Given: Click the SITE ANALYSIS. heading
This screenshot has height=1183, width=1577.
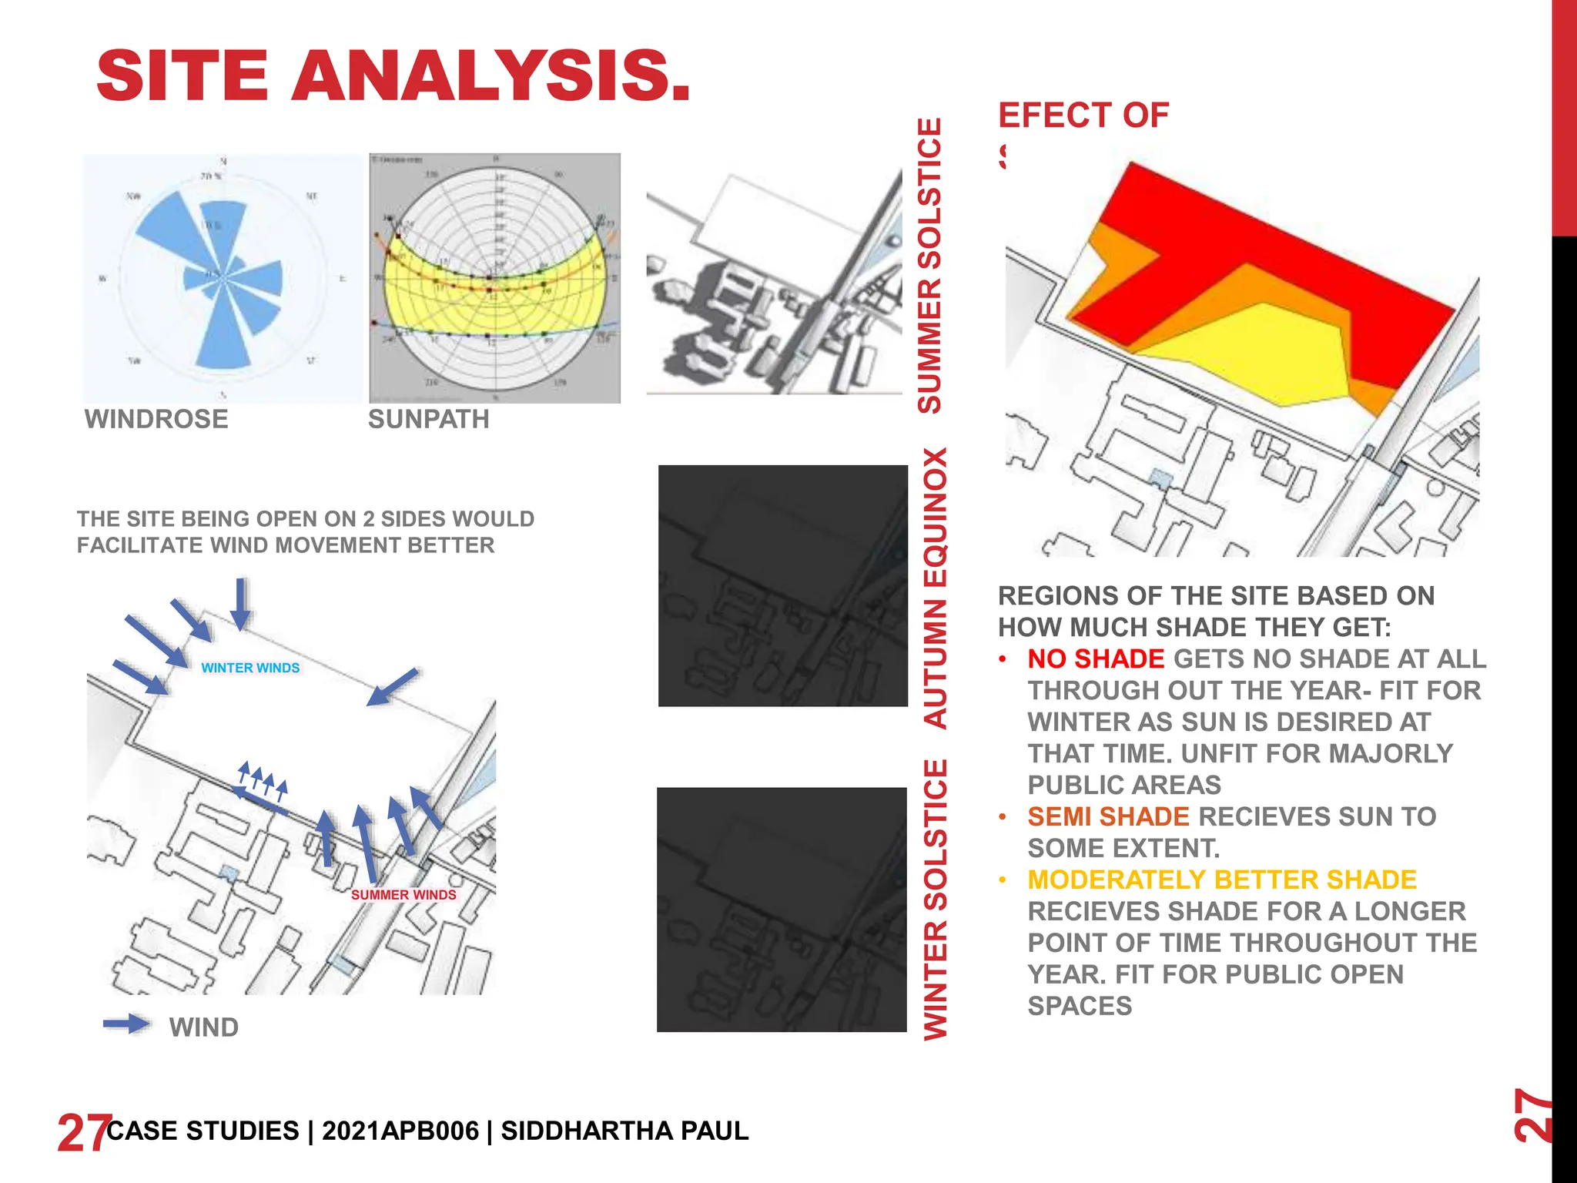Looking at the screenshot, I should click(x=393, y=75).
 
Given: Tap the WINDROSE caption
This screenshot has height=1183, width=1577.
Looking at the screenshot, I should click(x=156, y=419).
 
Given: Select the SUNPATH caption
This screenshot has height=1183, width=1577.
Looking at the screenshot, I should click(x=428, y=419).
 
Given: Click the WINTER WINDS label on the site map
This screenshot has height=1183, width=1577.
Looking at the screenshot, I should click(x=250, y=668).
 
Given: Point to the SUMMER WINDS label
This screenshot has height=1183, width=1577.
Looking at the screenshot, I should click(x=403, y=894).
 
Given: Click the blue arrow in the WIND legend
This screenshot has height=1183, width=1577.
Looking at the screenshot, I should click(x=127, y=1024).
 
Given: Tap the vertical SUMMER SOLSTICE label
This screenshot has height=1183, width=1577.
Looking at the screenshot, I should click(x=930, y=266).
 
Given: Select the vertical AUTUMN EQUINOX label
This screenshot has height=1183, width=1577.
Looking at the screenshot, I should click(x=935, y=588).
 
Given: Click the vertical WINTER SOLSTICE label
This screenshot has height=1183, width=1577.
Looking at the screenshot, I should click(x=935, y=900).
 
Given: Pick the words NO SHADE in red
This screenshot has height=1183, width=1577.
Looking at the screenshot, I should click(x=1096, y=659).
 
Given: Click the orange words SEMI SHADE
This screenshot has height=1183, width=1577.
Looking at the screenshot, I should click(x=1108, y=816).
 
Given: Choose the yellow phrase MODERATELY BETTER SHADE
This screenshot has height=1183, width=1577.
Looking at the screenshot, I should click(x=1222, y=880).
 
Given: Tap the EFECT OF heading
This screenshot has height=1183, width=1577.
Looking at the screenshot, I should click(x=1083, y=116).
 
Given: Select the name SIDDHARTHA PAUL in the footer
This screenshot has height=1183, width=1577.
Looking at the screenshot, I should click(x=624, y=1131).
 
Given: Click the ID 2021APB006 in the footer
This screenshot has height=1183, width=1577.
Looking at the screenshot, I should click(x=400, y=1131).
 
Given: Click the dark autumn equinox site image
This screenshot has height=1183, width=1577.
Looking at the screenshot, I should click(x=782, y=585).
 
